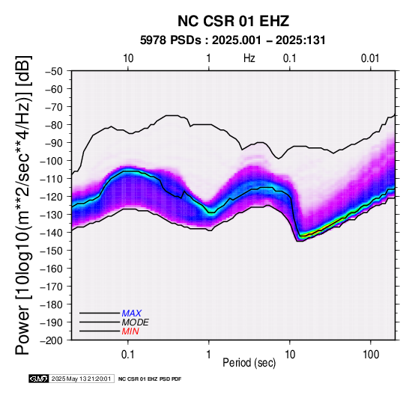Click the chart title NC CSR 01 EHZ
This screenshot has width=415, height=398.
[233, 21]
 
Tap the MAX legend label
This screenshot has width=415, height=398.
[132, 313]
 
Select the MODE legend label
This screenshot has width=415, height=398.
[136, 322]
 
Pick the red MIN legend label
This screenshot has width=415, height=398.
[130, 331]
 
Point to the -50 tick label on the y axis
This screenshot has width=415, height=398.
[54, 71]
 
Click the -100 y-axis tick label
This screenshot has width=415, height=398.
[52, 161]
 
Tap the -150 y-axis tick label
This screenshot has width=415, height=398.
[52, 251]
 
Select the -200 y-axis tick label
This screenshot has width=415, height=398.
[52, 340]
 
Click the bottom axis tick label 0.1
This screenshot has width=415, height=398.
[128, 355]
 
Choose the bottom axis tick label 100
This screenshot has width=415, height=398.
[371, 355]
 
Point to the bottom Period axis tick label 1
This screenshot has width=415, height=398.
[209, 355]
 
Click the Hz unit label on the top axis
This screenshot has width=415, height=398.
[249, 58]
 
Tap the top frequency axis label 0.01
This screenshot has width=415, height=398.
[370, 58]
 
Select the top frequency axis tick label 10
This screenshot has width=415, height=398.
[128, 58]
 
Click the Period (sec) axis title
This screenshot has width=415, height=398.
[249, 363]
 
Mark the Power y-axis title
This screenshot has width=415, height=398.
[22, 205]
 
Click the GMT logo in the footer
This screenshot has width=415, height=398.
[39, 379]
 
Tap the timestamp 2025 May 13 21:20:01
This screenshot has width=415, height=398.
[81, 379]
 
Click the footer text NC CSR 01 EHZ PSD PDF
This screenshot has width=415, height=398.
[150, 379]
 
